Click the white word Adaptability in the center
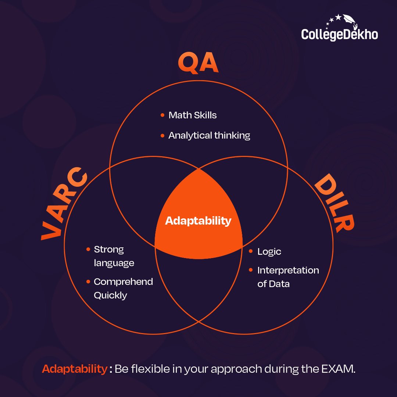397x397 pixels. click(198, 221)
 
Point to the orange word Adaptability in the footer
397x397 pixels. click(74, 369)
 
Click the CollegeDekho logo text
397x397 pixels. click(339, 34)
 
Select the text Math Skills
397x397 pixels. click(192, 115)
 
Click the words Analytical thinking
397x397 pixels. click(209, 135)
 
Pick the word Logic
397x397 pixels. click(269, 252)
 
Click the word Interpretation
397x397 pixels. click(288, 271)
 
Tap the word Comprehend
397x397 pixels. click(123, 282)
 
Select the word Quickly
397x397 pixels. click(110, 296)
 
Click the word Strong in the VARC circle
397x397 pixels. click(109, 250)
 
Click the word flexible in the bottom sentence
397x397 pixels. click(147, 369)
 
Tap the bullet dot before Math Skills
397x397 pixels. click(162, 115)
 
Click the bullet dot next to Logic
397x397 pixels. click(251, 251)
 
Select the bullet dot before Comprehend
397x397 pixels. click(88, 282)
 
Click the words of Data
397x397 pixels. click(273, 284)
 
